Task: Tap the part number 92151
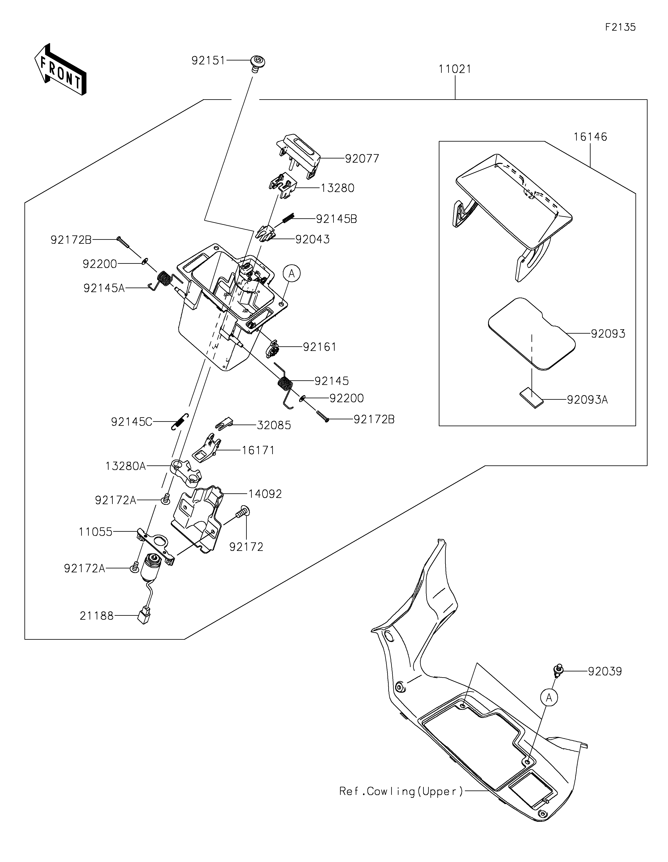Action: pos(208,60)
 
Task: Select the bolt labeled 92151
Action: pos(257,64)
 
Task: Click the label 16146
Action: pos(590,137)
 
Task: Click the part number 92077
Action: pos(362,159)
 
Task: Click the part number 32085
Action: pos(274,425)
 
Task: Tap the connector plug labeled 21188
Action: pos(143,617)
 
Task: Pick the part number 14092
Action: pos(265,494)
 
